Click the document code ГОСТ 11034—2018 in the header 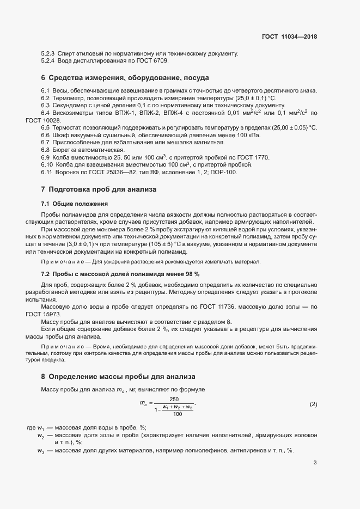point(289,37)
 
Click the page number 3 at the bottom point(315,463)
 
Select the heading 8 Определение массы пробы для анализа point(118,377)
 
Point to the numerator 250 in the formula point(174,399)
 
